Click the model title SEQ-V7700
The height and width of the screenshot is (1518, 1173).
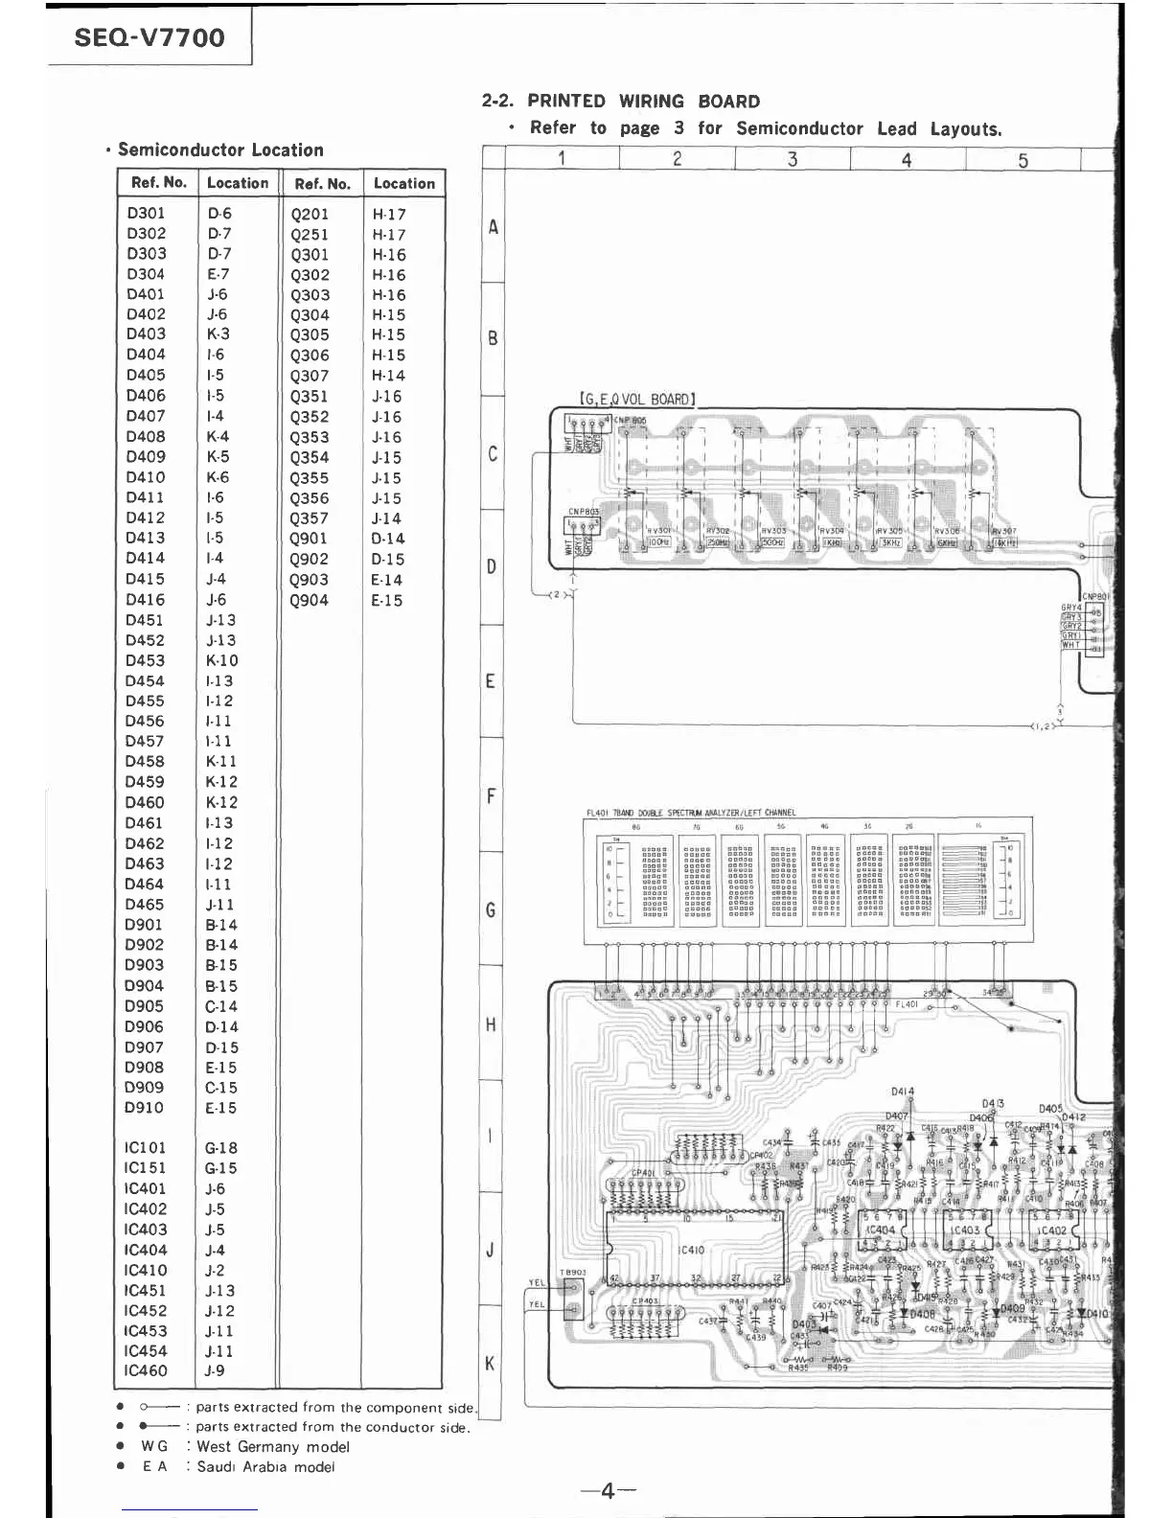coord(149,38)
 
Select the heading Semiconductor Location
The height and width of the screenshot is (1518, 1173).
coord(220,150)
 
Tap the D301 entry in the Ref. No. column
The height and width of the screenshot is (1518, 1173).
coord(146,213)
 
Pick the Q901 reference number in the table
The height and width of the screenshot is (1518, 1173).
coord(309,539)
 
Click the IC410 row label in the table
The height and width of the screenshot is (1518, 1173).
coord(145,1271)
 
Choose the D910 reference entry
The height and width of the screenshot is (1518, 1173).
coord(144,1108)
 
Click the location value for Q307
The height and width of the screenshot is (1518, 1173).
coord(388,376)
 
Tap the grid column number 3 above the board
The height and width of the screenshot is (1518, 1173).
coord(793,159)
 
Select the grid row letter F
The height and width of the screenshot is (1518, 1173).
coord(491,796)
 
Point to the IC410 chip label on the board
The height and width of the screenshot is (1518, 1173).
coord(690,1250)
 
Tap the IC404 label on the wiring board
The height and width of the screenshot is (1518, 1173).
coord(880,1230)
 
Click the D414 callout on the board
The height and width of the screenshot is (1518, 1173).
coord(903,1092)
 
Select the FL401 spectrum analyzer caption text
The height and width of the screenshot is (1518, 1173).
coord(690,813)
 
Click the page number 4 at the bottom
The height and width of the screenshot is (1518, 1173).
coord(608,1491)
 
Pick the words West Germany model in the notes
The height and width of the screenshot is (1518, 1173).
coord(272,1447)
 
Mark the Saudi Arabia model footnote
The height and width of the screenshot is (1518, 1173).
coord(265,1467)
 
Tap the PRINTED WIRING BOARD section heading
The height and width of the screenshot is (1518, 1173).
coord(643,102)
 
